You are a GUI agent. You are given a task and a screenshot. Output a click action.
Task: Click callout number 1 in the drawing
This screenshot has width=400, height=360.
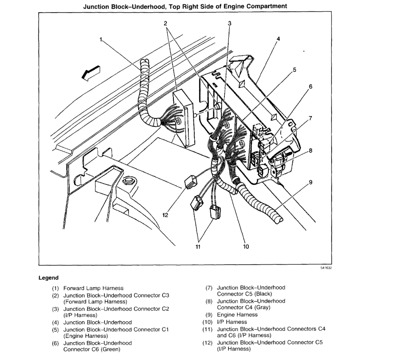click(x=101, y=40)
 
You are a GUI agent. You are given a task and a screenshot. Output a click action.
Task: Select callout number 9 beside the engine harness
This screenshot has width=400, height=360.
click(x=311, y=183)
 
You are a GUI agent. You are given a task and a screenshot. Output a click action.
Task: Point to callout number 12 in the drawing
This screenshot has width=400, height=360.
click(x=166, y=214)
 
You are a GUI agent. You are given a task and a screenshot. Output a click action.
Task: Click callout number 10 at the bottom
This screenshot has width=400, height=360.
click(x=246, y=246)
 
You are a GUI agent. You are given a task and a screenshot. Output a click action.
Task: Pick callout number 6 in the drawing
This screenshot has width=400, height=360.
click(x=311, y=86)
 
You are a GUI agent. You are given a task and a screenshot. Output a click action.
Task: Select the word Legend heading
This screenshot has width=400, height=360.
click(x=48, y=277)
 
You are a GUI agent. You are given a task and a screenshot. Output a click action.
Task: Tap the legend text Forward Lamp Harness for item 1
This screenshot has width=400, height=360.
click(x=93, y=288)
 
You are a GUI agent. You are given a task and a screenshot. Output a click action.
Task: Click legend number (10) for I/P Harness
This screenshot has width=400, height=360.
click(x=207, y=322)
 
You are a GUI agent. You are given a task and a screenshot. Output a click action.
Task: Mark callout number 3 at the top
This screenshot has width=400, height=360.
click(x=230, y=23)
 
